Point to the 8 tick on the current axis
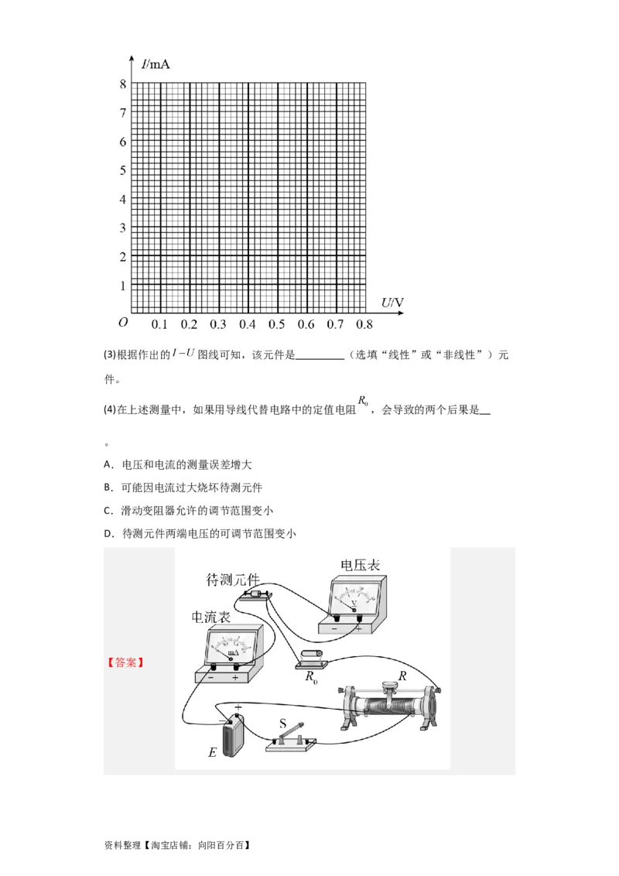[x=122, y=84]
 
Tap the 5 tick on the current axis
[x=122, y=170]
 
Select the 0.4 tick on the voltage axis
[x=248, y=324]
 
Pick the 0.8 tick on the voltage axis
[x=364, y=324]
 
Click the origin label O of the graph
[x=122, y=323]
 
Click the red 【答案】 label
[x=125, y=662]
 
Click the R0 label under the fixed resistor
[x=311, y=678]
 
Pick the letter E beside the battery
[x=212, y=752]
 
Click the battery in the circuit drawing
[x=233, y=735]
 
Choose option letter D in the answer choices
[x=108, y=533]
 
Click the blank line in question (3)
[x=320, y=356]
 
